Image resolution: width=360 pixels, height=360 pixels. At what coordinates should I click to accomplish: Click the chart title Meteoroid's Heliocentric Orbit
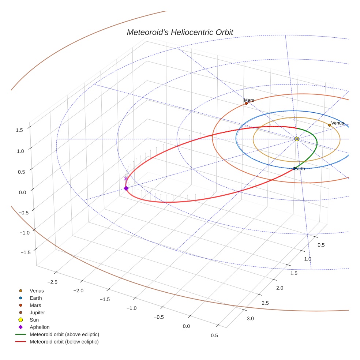tap(180, 32)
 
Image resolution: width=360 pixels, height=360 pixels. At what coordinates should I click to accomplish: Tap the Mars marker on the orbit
tap(246, 104)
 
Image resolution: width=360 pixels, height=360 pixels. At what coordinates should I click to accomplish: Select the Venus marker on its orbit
tap(330, 125)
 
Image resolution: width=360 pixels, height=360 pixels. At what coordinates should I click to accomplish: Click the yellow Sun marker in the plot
tap(297, 139)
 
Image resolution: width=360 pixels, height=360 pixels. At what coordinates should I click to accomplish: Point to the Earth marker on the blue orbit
tap(295, 169)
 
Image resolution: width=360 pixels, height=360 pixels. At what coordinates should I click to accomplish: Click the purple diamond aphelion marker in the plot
tap(126, 188)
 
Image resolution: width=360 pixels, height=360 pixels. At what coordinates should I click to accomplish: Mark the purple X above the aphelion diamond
tap(126, 179)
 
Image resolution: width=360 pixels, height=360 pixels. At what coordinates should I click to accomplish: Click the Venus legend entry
tap(37, 291)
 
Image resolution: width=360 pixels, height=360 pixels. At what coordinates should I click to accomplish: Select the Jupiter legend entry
tap(37, 313)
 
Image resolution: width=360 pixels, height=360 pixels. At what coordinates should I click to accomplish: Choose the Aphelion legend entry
tap(40, 327)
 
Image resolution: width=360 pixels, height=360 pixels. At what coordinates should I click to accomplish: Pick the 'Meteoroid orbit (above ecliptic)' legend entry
tap(64, 334)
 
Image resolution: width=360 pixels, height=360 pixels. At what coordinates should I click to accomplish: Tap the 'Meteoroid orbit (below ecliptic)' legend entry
tap(64, 342)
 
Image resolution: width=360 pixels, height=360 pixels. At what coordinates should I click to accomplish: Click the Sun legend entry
tap(35, 320)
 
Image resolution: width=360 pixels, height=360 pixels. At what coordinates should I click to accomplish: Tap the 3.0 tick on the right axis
tap(250, 319)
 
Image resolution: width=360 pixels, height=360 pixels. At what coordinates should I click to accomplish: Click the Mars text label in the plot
tap(249, 100)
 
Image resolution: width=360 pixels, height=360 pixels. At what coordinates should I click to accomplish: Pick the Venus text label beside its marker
tap(337, 123)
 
